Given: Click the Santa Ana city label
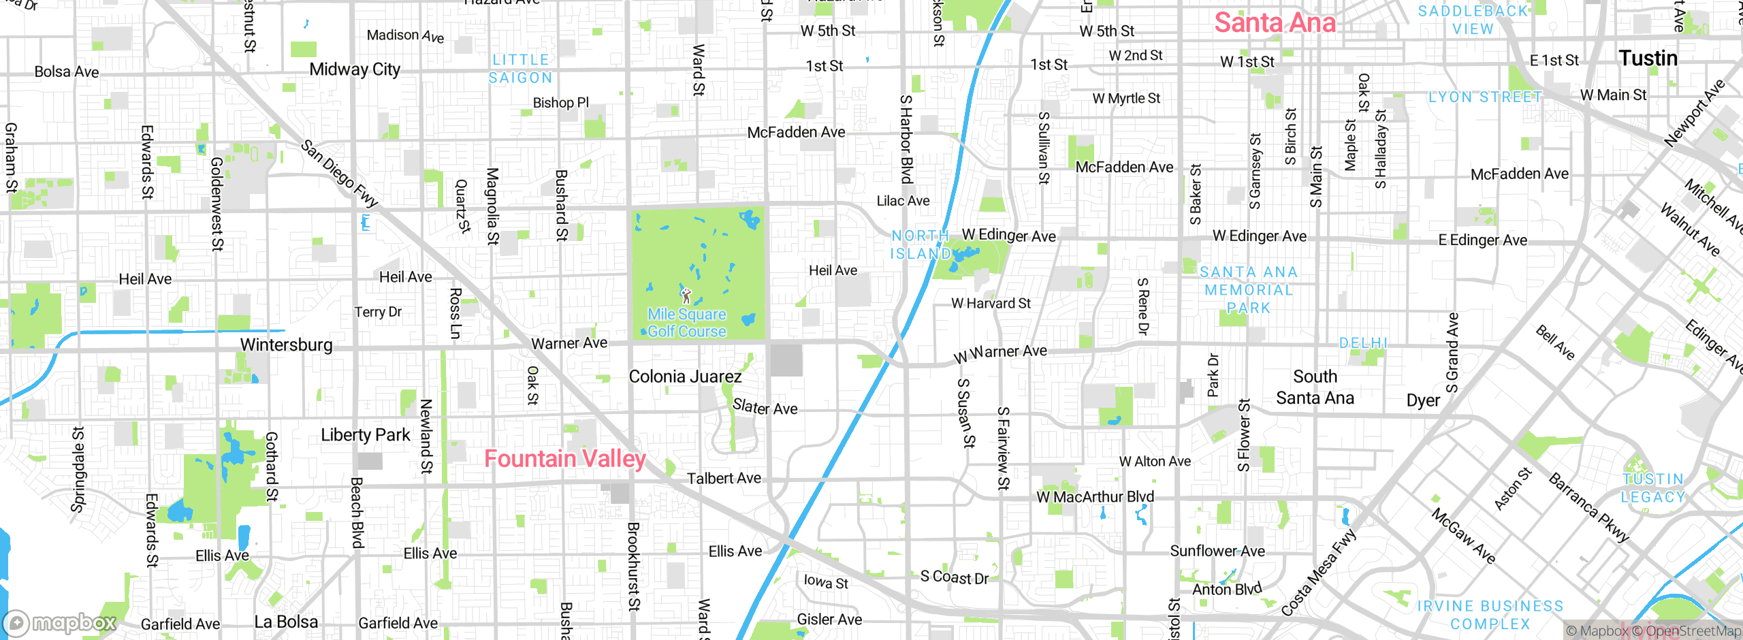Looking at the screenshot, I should pyautogui.click(x=1275, y=23).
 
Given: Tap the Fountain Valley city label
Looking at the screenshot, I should pyautogui.click(x=564, y=459).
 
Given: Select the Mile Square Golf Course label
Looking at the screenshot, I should pyautogui.click(x=686, y=323).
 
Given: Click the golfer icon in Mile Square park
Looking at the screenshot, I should pyautogui.click(x=686, y=295).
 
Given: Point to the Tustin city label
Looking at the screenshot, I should pyautogui.click(x=1648, y=59).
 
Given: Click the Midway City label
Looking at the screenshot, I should pyautogui.click(x=355, y=69).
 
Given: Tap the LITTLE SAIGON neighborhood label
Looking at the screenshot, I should pyautogui.click(x=521, y=69).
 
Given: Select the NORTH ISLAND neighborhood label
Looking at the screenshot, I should pyautogui.click(x=921, y=244).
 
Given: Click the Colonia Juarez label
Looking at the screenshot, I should pyautogui.click(x=685, y=377).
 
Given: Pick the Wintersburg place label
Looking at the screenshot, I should pyautogui.click(x=287, y=345).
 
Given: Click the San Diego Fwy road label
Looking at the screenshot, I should pyautogui.click(x=339, y=174).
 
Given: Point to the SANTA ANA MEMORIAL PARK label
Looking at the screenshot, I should pyautogui.click(x=1248, y=290).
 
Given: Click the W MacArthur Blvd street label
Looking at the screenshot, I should pyautogui.click(x=1095, y=497).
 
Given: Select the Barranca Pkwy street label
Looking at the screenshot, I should pyautogui.click(x=1589, y=508).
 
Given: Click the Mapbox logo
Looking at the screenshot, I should pyautogui.click(x=60, y=623).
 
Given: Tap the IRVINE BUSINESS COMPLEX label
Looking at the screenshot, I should pyautogui.click(x=1490, y=615).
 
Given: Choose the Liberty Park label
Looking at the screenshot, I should pyautogui.click(x=366, y=435).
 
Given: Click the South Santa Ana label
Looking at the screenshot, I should pyautogui.click(x=1315, y=387).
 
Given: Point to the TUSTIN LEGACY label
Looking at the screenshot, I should pyautogui.click(x=1653, y=488).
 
